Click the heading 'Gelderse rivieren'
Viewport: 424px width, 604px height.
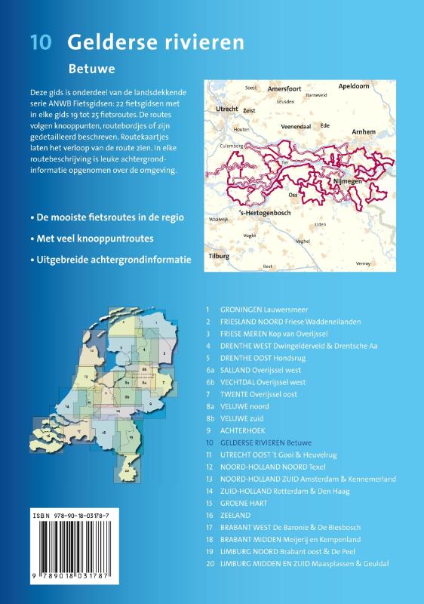coord(155,42)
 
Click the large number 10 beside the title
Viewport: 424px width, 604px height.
coord(41,42)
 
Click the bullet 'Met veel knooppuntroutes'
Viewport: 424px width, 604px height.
coord(93,238)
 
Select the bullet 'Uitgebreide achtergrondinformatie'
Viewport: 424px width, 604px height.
coord(109,259)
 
